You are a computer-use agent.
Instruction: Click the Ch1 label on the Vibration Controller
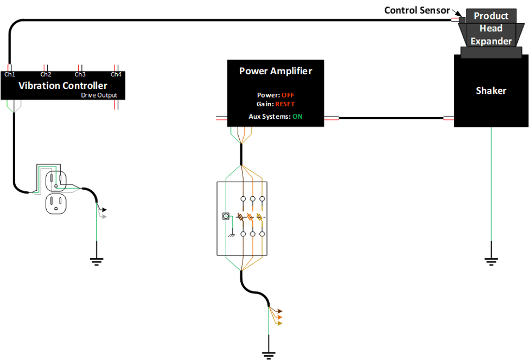click(x=10, y=74)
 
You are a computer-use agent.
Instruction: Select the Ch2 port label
click(x=46, y=74)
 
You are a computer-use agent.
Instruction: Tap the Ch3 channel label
click(x=80, y=74)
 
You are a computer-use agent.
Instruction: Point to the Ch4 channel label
click(x=116, y=74)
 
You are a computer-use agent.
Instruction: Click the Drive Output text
click(x=99, y=95)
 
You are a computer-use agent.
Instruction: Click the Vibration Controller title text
click(x=63, y=86)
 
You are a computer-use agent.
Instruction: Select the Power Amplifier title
click(x=276, y=71)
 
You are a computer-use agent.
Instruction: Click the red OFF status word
click(x=288, y=95)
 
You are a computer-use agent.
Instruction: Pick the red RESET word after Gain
click(x=285, y=104)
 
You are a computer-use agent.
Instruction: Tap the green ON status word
click(x=297, y=117)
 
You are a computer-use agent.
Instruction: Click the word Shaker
click(x=491, y=91)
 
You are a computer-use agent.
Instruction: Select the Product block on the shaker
click(x=491, y=16)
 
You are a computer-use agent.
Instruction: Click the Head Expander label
click(x=491, y=35)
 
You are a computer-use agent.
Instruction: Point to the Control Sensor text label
click(x=417, y=10)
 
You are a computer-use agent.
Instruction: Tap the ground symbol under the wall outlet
click(x=96, y=261)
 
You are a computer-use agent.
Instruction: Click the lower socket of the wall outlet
click(x=55, y=203)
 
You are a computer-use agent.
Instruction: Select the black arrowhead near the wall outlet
click(x=104, y=209)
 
